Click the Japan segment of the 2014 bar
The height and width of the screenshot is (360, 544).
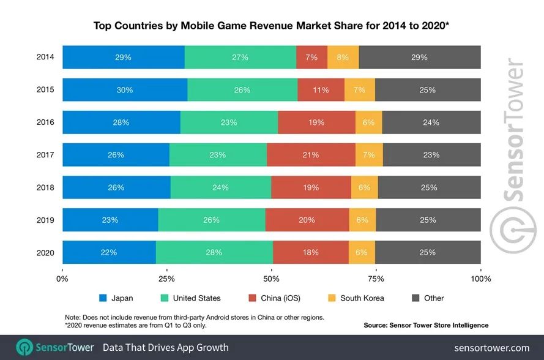pos(123,57)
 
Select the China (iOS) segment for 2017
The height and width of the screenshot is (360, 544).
pos(311,155)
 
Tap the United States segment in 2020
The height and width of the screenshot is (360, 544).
pos(214,252)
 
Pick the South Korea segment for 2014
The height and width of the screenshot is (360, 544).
pos(343,57)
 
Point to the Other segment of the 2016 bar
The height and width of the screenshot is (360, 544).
pos(431,122)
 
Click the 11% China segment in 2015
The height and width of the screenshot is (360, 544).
pos(321,89)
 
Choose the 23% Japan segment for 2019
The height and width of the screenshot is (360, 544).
pos(110,220)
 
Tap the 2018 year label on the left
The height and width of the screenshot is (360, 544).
pos(45,187)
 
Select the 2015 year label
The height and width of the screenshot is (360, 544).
pos(45,89)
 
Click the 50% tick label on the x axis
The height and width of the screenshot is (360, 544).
pos(272,279)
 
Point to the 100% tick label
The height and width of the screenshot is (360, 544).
pos(481,279)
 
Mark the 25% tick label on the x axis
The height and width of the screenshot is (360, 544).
pos(166,279)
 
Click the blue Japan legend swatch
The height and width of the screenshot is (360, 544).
pos(103,298)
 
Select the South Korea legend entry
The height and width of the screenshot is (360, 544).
pos(362,298)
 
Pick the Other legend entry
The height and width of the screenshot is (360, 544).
pos(433,298)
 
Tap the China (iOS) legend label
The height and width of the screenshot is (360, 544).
pos(279,298)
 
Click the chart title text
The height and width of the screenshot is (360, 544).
pos(272,26)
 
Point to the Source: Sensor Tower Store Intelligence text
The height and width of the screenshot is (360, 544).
pos(426,325)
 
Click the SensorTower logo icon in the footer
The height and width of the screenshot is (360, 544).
pos(24,347)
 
